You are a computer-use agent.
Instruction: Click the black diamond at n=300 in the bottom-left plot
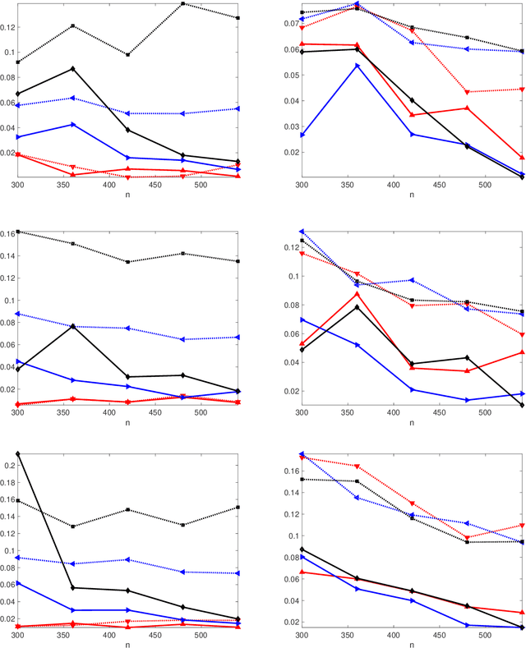pyautogui.click(x=17, y=453)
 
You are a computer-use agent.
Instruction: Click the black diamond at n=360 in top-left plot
pyautogui.click(x=73, y=68)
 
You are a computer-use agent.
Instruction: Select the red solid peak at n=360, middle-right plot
pyautogui.click(x=357, y=293)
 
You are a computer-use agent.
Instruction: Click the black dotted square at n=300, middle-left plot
pyautogui.click(x=17, y=232)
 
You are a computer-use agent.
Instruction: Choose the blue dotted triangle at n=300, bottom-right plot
pyautogui.click(x=302, y=453)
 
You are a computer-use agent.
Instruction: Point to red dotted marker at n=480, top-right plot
pyautogui.click(x=467, y=92)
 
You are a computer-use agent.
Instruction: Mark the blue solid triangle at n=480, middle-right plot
pyautogui.click(x=467, y=400)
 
